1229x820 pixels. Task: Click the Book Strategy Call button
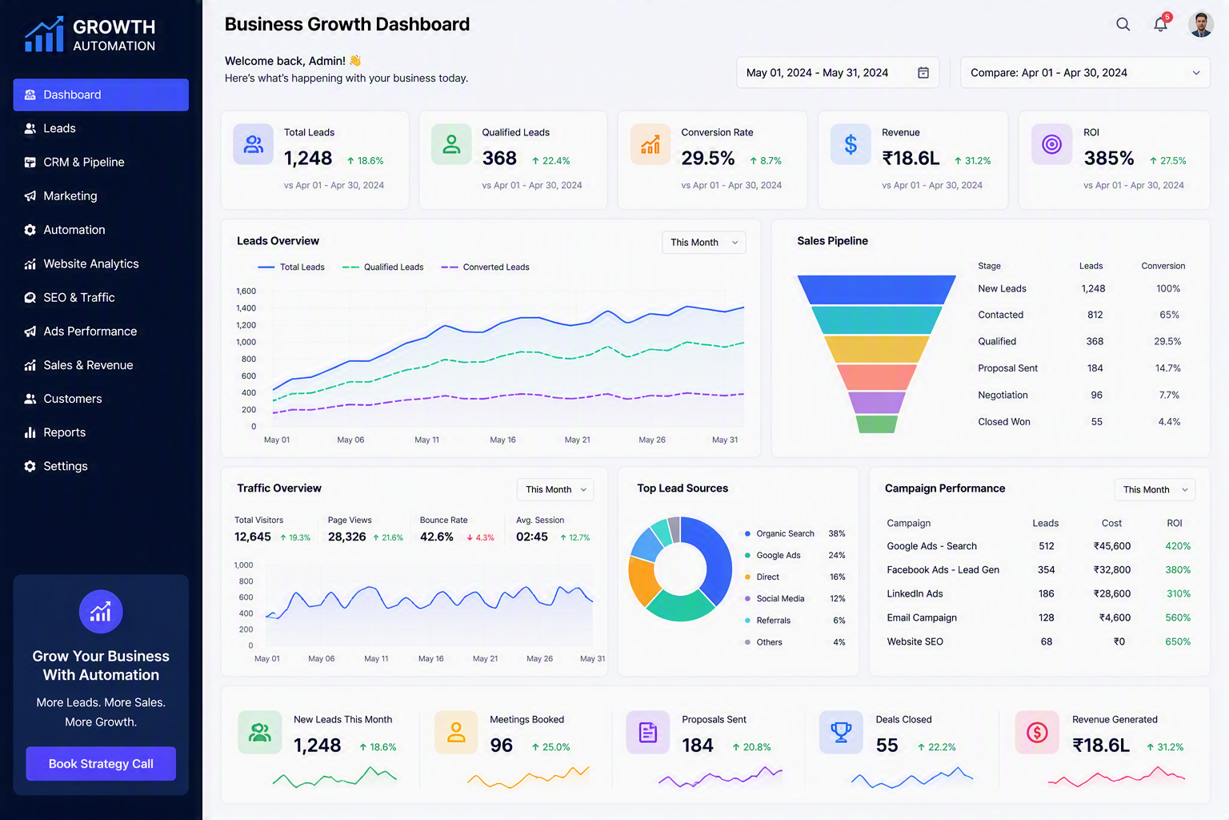(x=101, y=763)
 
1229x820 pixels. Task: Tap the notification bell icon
(x=1160, y=24)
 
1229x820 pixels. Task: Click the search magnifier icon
(x=1123, y=24)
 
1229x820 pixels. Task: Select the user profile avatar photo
(x=1200, y=24)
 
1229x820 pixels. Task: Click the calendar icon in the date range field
(x=923, y=73)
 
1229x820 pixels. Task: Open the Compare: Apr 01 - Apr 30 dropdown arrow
(x=1196, y=73)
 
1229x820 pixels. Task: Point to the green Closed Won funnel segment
(x=877, y=424)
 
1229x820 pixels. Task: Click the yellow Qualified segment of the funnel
(x=877, y=349)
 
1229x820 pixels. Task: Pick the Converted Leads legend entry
(x=486, y=267)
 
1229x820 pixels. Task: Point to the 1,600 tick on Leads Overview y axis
(x=246, y=291)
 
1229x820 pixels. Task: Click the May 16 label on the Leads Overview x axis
(x=502, y=440)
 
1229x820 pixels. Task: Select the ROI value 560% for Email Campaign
(x=1178, y=617)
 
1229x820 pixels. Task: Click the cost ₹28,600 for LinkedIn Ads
(x=1111, y=593)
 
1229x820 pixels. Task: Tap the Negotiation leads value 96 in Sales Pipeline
(x=1096, y=395)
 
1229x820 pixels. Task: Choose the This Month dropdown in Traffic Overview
(x=555, y=489)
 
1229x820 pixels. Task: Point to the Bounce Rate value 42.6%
(x=437, y=537)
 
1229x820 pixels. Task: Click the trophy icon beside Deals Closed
(x=841, y=732)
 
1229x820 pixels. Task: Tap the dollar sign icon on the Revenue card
(x=851, y=144)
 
